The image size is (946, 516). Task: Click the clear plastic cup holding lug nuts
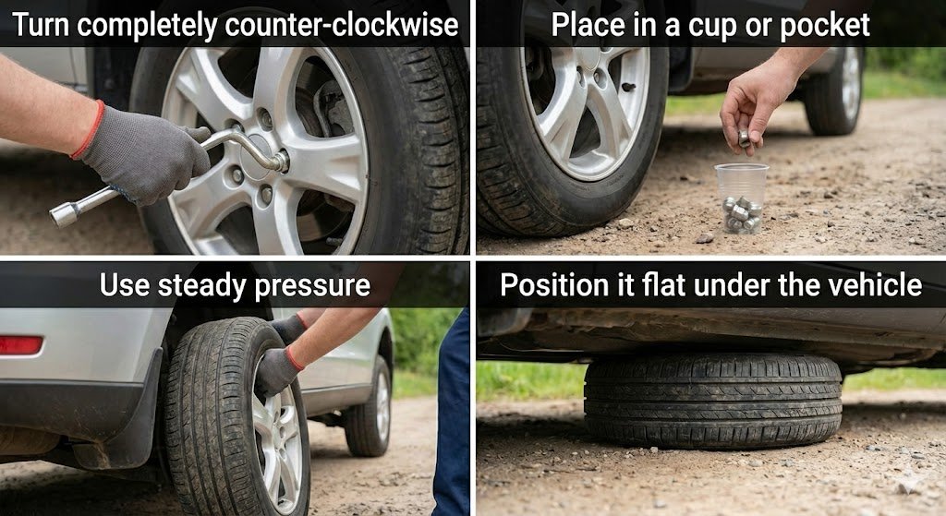(x=742, y=198)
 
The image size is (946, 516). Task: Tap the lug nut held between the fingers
(x=745, y=138)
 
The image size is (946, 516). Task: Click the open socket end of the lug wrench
(x=63, y=214)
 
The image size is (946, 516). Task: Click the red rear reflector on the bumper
(x=20, y=345)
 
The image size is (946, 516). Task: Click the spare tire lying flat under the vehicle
(x=712, y=401)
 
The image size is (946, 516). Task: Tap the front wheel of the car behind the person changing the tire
(x=369, y=405)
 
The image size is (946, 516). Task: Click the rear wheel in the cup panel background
(x=834, y=90)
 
